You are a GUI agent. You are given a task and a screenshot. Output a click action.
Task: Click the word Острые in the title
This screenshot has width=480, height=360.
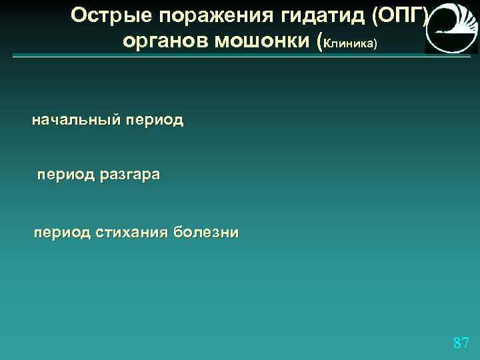(104, 15)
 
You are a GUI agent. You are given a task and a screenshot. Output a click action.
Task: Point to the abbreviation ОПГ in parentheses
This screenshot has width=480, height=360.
(399, 15)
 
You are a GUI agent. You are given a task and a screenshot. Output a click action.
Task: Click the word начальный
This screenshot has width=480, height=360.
(77, 121)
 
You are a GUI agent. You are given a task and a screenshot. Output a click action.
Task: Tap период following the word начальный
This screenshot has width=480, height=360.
(155, 121)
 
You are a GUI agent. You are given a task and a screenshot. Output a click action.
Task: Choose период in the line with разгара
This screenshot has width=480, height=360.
(65, 176)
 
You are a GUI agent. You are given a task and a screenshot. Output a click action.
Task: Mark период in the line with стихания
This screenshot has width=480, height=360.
(63, 233)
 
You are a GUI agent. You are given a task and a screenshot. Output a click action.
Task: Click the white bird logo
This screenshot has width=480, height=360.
(451, 27)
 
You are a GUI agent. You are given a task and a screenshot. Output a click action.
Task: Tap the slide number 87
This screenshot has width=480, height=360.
(461, 343)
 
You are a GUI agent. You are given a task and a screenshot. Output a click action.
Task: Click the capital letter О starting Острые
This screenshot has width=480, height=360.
(79, 15)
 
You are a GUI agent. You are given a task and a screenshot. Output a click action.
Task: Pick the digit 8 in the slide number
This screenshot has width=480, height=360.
(457, 343)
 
